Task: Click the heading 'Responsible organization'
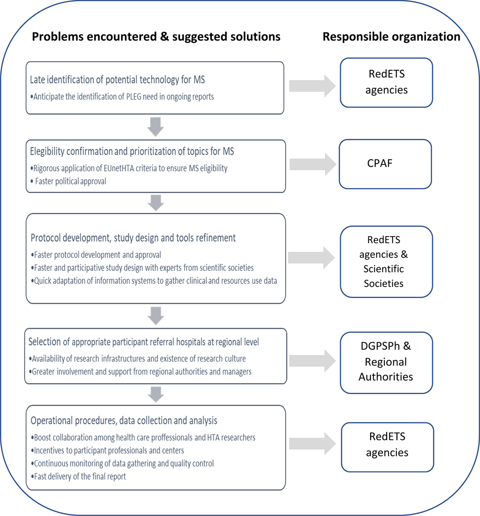point(391,36)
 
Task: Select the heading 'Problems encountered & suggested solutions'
point(156,36)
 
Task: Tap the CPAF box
point(385,164)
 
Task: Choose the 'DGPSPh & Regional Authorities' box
point(386,362)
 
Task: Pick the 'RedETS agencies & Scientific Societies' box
point(386,262)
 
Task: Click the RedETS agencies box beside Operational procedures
point(387,447)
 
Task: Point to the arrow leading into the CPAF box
point(312,165)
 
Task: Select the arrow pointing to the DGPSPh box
point(312,361)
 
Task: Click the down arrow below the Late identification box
point(156,127)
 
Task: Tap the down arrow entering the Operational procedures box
point(156,394)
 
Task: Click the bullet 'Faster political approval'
point(70,181)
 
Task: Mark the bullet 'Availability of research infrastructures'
point(139,359)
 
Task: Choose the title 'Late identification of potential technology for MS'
point(117,80)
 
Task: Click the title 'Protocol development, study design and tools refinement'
point(133,238)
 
